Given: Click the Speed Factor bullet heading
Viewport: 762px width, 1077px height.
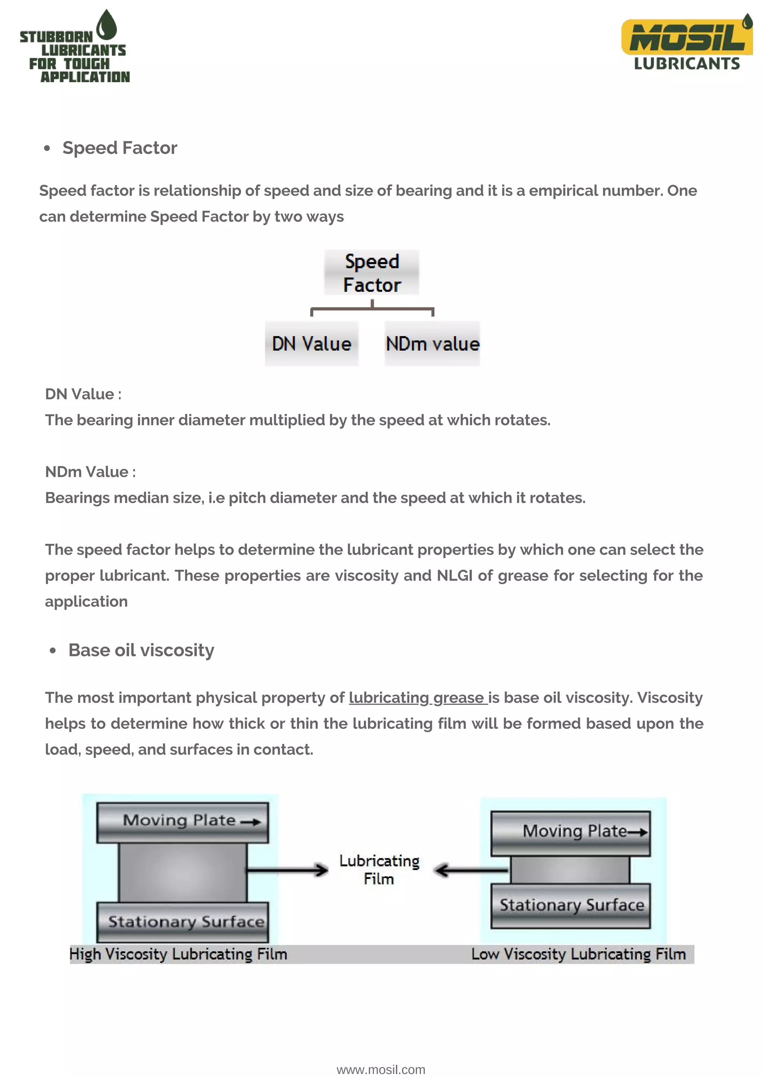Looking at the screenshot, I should coord(120,148).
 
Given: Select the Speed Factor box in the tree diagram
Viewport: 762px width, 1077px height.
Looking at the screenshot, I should coord(372,273).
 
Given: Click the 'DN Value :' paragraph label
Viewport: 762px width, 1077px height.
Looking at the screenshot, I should coord(83,394).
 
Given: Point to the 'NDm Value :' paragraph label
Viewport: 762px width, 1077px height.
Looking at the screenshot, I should coord(90,472).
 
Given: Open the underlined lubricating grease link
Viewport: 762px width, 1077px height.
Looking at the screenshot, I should coord(417,698).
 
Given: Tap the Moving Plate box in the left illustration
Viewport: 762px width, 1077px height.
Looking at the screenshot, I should coord(183,822).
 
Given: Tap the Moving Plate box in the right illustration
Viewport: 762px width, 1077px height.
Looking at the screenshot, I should coord(570,833).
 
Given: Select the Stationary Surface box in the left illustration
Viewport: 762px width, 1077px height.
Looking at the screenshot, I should coord(183,922).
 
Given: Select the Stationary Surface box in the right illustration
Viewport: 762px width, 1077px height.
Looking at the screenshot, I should coord(570,905).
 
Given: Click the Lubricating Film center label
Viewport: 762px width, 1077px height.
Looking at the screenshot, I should coord(379,869).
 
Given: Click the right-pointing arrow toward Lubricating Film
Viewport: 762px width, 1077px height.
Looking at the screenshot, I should coord(287,870).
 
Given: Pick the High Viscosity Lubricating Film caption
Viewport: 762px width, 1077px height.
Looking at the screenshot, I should coord(178,954).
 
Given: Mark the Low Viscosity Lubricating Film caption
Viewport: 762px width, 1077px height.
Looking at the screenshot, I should coord(579,954).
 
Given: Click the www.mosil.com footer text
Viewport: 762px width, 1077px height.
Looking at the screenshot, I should coord(381,1070).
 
